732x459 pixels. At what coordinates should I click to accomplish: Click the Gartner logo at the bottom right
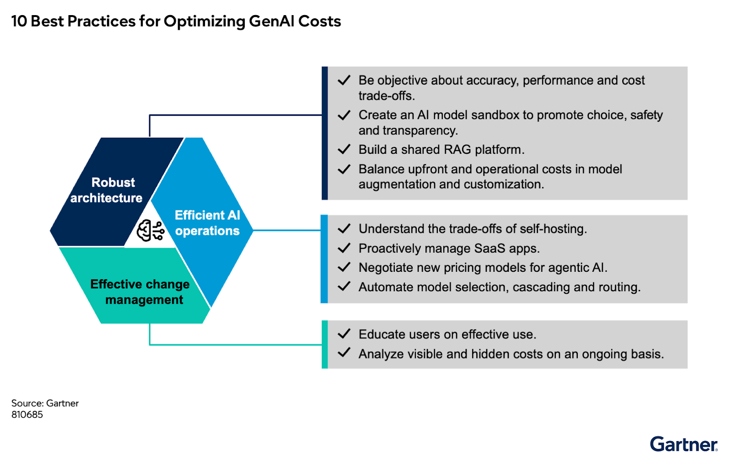(684, 444)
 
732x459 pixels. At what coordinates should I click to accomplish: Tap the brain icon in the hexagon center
(145, 230)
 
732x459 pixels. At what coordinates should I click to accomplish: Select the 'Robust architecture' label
(107, 190)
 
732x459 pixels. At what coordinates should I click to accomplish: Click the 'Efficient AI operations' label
(207, 223)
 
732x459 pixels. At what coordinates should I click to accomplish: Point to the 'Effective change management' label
(140, 292)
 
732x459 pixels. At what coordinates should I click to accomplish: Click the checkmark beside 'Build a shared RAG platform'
(344, 150)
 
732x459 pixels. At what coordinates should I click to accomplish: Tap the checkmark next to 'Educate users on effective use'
(344, 334)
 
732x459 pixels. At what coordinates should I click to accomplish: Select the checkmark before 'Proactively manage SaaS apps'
(344, 248)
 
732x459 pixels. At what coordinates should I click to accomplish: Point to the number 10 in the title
(19, 22)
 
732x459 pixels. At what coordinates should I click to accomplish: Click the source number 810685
(27, 415)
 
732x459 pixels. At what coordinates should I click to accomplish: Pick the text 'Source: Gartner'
(45, 403)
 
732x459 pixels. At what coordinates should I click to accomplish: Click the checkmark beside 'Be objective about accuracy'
(344, 81)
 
